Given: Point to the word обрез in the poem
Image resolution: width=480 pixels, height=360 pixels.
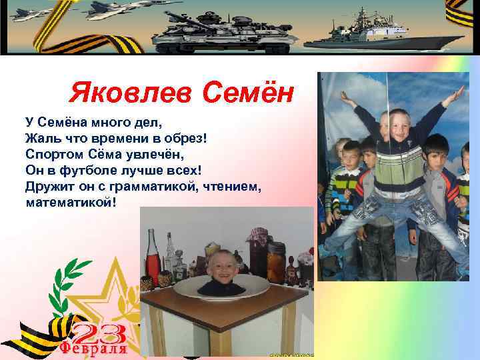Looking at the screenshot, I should [x=190, y=138].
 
